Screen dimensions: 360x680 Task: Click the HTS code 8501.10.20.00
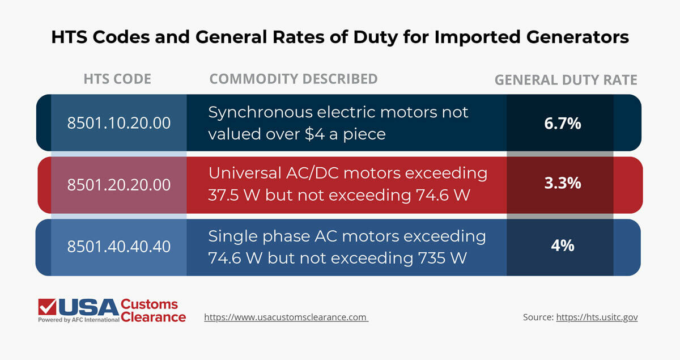click(x=119, y=122)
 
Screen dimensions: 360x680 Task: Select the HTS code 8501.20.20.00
click(x=119, y=185)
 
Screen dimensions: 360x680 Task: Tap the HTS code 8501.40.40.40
click(x=119, y=247)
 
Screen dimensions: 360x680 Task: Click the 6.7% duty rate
click(x=562, y=123)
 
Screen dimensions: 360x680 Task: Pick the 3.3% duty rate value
click(x=562, y=184)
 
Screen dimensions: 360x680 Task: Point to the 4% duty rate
click(x=562, y=245)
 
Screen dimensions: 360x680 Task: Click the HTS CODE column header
click(x=117, y=79)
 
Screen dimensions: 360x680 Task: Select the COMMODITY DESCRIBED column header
click(x=294, y=79)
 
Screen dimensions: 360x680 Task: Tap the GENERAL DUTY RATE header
click(x=566, y=81)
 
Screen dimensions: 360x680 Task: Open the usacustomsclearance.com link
click(x=286, y=317)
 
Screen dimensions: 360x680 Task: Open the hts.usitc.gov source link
click(x=597, y=317)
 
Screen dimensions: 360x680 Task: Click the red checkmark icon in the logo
click(x=46, y=307)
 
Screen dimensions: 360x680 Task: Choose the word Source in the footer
click(x=537, y=317)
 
